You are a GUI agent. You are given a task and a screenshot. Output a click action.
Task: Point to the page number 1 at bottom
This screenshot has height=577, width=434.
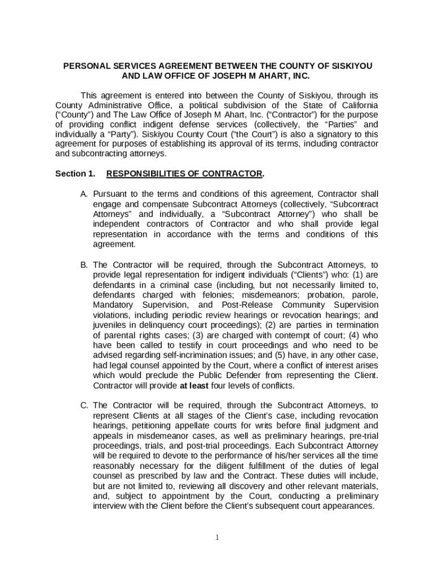[217, 537]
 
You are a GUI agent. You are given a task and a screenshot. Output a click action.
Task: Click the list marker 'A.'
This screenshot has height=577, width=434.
[84, 194]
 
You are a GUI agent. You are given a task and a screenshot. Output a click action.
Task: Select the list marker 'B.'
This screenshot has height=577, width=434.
[84, 264]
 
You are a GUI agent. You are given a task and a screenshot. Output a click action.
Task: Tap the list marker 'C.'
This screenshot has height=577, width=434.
[84, 405]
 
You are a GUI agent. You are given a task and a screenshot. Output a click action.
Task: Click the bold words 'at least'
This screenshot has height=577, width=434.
[195, 385]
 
